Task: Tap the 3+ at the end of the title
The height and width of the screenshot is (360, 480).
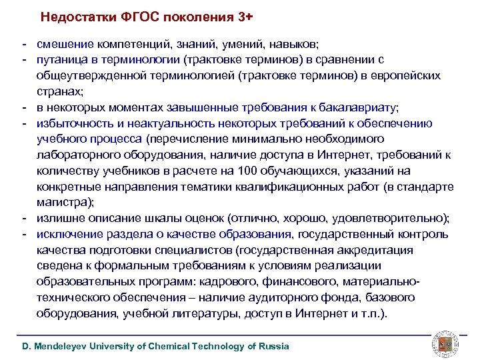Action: (x=233, y=16)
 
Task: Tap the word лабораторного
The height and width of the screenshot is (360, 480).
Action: (x=79, y=155)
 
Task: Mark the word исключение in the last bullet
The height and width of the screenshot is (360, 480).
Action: (x=69, y=234)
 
